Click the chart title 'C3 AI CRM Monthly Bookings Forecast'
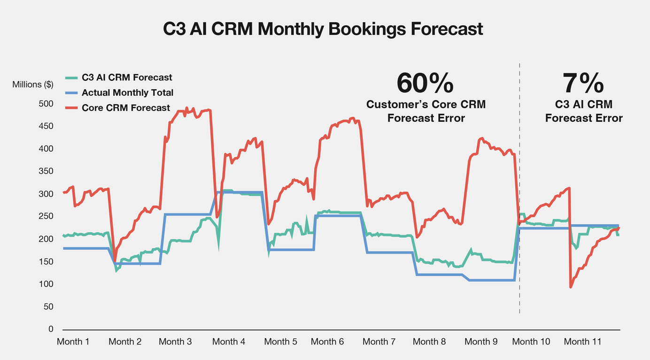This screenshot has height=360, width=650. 323,29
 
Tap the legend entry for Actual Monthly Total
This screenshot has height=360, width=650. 127,93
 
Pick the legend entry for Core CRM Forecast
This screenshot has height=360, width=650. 126,108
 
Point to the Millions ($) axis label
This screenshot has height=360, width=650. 33,85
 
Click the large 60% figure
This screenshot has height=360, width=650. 425,83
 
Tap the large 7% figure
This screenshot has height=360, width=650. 583,83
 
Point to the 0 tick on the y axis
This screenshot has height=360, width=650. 51,329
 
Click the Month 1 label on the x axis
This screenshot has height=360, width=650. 73,342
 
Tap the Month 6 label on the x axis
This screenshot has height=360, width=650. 327,342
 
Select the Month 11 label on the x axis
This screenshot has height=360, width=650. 583,342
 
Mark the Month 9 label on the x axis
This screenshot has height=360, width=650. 481,342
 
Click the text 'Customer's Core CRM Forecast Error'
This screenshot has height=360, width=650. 426,111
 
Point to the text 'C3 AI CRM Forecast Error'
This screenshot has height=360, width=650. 584,111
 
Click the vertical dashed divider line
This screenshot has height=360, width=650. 519,188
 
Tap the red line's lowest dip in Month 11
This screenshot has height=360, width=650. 571,287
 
